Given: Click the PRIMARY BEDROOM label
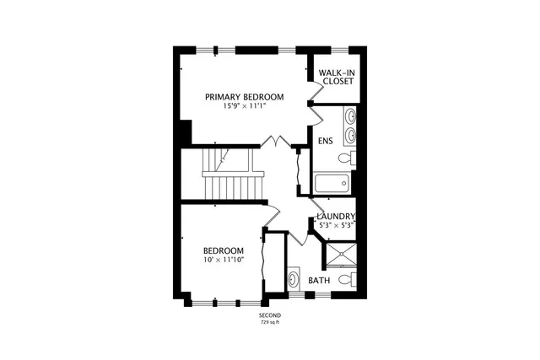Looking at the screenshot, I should tap(245, 97).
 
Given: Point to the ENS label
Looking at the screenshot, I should tap(325, 139).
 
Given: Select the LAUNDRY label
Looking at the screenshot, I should tap(336, 216).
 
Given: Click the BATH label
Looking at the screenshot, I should tap(318, 280).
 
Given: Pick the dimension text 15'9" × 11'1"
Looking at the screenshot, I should tap(245, 107).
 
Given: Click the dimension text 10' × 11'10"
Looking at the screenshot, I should tap(224, 261).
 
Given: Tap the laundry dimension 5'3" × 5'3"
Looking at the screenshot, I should tap(336, 225).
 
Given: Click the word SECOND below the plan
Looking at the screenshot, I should tap(270, 314).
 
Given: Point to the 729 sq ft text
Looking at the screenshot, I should tap(270, 322).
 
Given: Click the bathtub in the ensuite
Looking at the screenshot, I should tap(331, 183).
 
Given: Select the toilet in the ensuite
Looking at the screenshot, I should tap(347, 158).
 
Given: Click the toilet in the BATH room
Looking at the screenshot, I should tap(345, 279).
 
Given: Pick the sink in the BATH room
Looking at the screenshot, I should tap(294, 278).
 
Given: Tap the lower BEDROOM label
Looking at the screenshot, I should tap(224, 250).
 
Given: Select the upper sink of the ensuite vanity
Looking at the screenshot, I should tap(349, 117).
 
